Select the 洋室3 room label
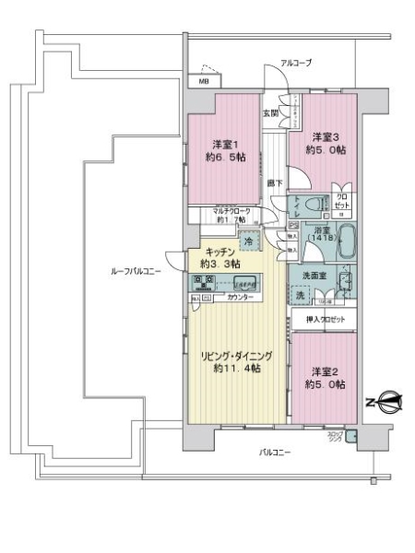[x=327, y=143]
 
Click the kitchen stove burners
[x=205, y=281]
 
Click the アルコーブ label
[x=296, y=63]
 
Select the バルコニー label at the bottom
[x=275, y=452]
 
